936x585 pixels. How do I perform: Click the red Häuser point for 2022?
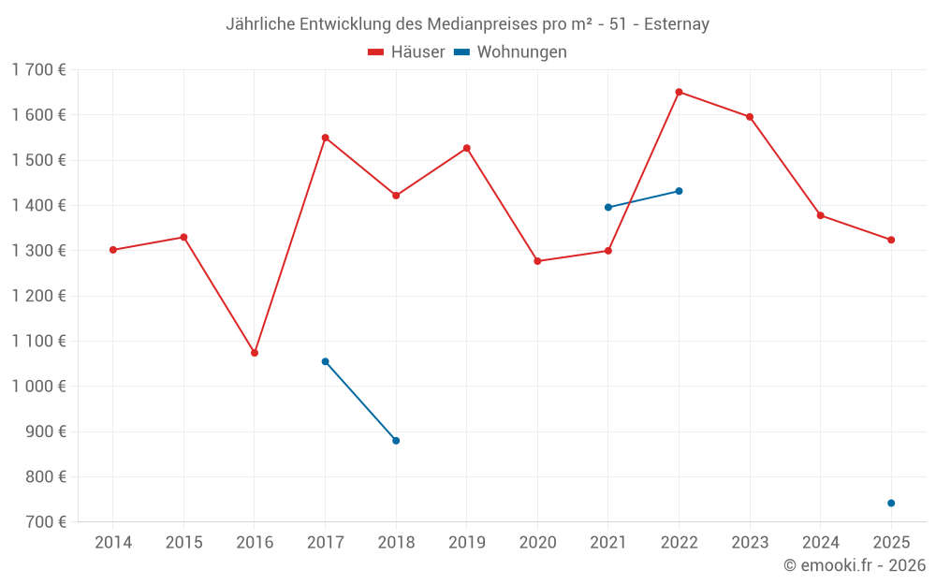coord(679,92)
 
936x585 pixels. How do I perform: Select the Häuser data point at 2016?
coord(255,353)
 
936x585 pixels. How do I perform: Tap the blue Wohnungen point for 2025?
coord(891,504)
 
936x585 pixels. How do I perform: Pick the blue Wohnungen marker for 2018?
coord(396,441)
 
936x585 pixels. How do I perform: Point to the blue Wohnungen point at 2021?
coord(608,207)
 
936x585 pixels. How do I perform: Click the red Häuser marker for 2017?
coord(325,138)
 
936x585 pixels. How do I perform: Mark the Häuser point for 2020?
coord(537,261)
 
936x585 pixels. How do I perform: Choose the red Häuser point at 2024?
coord(821,215)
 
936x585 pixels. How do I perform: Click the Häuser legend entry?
coord(406,52)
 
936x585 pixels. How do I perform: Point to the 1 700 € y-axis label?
coord(38,69)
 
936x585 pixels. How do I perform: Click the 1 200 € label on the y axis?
coord(38,296)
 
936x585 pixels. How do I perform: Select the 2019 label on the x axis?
coord(467,543)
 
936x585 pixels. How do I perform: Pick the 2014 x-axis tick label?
coord(113,543)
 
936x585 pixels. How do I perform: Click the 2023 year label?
coord(750,543)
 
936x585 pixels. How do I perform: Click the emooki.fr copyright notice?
coord(855,565)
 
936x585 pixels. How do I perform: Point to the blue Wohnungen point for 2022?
coord(679,191)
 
